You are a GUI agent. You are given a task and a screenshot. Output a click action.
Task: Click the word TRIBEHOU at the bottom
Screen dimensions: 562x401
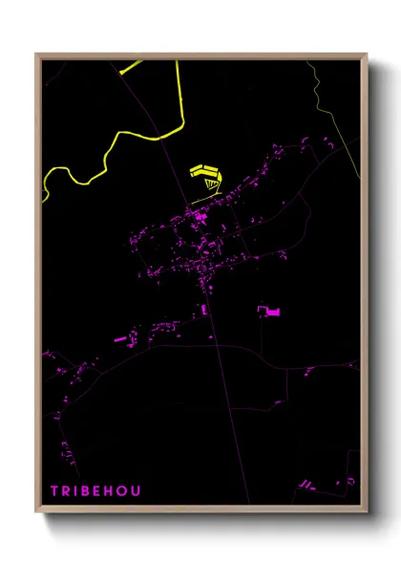(x=96, y=491)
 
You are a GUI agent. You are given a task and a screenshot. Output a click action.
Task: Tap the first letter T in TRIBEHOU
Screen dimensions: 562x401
(x=54, y=491)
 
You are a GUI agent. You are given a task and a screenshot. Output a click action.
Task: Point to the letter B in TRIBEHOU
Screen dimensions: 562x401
(x=86, y=491)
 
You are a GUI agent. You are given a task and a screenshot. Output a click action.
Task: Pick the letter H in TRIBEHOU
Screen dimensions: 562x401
(x=110, y=491)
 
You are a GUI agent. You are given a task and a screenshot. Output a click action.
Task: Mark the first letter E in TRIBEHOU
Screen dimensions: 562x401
(x=98, y=491)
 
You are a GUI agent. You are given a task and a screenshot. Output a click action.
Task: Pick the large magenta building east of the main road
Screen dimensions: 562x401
(x=268, y=311)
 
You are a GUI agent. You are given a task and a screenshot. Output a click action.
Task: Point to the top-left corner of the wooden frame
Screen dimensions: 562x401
(x=37, y=55)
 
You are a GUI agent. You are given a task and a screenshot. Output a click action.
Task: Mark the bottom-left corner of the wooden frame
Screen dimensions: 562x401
(x=37, y=513)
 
